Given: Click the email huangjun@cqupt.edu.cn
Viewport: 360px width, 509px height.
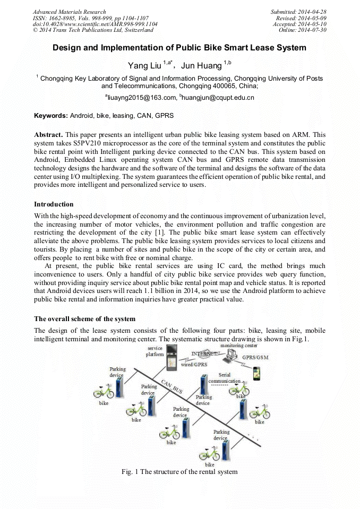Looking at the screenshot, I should click(x=218, y=97).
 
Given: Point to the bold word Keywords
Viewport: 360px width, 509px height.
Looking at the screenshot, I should click(x=50, y=115).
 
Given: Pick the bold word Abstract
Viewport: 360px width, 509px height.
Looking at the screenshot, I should click(x=49, y=135).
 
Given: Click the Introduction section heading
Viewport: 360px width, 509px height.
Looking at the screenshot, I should click(x=54, y=204).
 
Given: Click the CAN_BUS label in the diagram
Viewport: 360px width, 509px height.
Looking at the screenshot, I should click(x=172, y=386).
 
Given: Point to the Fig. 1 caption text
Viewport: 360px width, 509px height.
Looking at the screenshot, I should click(x=179, y=471).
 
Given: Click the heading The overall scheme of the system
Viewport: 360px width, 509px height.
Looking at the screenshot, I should click(x=84, y=318).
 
